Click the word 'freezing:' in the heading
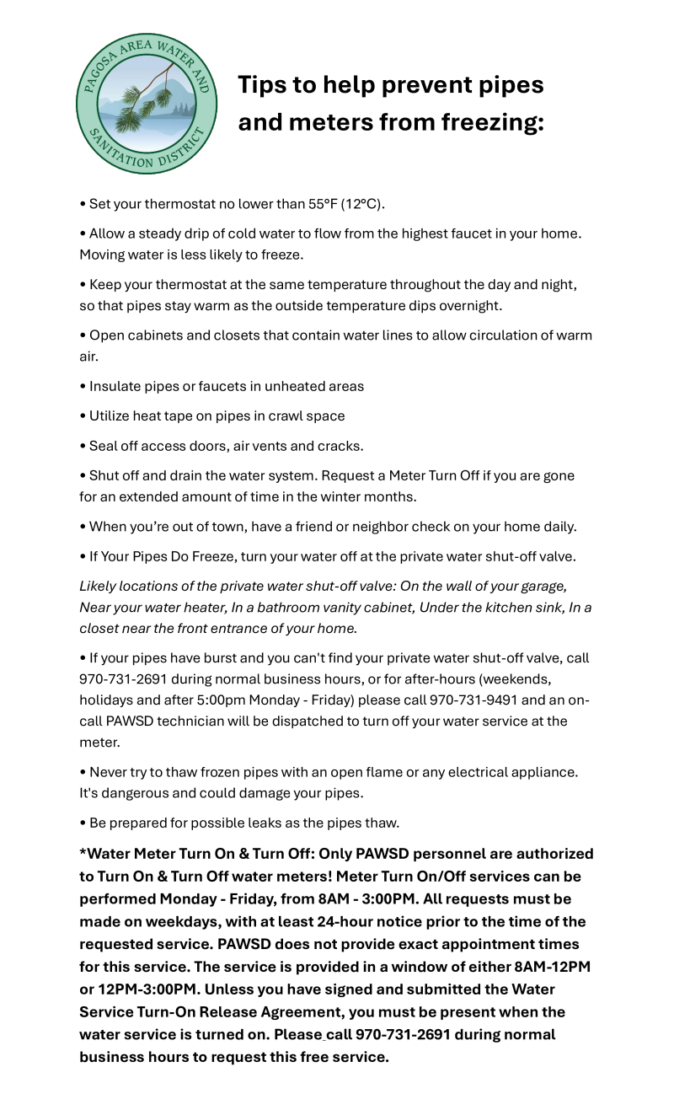pyautogui.click(x=493, y=123)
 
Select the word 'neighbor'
pyautogui.click(x=389, y=527)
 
